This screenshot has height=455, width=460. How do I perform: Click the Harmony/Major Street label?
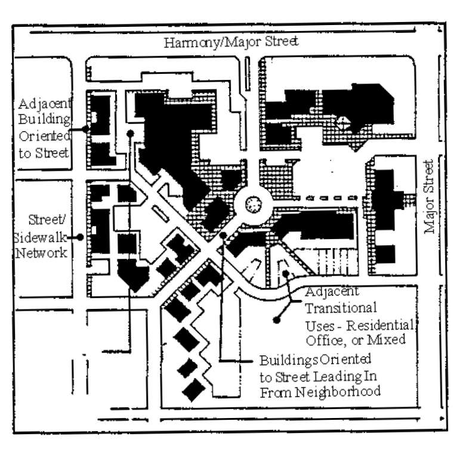pos(233,42)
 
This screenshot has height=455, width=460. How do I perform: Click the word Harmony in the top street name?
pos(194,42)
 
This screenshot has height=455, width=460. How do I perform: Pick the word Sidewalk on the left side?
pos(35,236)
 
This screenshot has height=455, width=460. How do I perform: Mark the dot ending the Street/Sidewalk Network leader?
pos(79,237)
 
